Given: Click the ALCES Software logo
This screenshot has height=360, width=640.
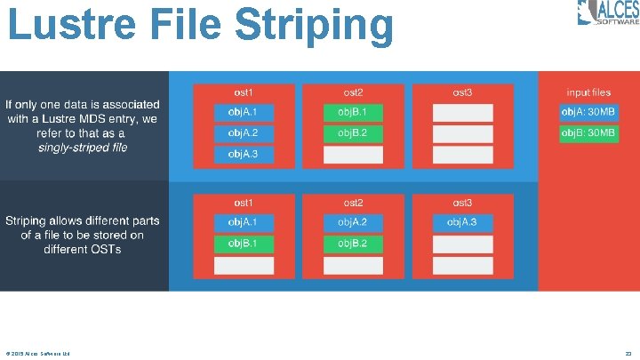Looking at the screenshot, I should pyautogui.click(x=608, y=13).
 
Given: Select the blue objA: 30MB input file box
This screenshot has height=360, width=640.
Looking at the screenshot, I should pyautogui.click(x=588, y=112).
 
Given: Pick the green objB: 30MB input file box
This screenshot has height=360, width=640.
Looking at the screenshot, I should pyautogui.click(x=588, y=133).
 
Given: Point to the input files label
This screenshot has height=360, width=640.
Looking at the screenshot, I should pyautogui.click(x=588, y=92).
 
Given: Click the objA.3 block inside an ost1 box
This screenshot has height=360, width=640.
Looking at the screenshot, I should pyautogui.click(x=243, y=155).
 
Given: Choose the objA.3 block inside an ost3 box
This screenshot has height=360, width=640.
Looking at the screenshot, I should pyautogui.click(x=462, y=221).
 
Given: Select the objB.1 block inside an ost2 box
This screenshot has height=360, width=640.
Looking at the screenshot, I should pyautogui.click(x=353, y=112).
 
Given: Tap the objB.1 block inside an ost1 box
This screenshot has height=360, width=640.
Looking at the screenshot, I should pyautogui.click(x=243, y=244).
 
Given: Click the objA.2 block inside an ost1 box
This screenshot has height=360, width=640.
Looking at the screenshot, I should pyautogui.click(x=243, y=133).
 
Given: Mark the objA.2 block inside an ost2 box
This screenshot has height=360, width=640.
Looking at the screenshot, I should pyautogui.click(x=353, y=221).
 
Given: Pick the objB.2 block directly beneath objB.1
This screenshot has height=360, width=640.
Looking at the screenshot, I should pyautogui.click(x=353, y=133).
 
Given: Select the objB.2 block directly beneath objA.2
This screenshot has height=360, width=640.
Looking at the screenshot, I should pyautogui.click(x=353, y=244).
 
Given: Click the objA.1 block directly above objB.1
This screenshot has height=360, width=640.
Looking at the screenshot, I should pyautogui.click(x=243, y=221).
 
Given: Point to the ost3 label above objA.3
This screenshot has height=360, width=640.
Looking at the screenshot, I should pyautogui.click(x=462, y=203).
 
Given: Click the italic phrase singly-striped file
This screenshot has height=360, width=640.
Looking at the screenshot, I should pyautogui.click(x=83, y=147).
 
